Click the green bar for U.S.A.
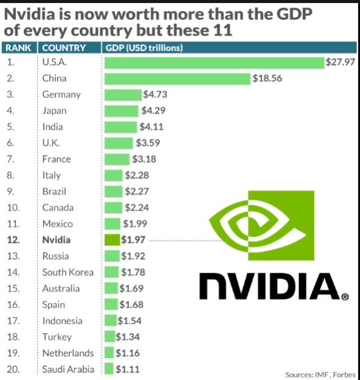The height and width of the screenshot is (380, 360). (214, 62)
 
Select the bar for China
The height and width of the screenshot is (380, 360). (178, 79)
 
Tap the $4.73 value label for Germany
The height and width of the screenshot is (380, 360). (155, 94)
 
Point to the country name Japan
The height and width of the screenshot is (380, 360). (54, 111)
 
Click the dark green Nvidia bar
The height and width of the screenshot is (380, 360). (112, 240)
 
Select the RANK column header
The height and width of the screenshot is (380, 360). (18, 47)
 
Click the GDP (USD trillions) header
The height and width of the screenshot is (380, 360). (144, 47)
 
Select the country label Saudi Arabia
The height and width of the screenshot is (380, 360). (68, 369)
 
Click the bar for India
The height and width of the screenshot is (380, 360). (122, 127)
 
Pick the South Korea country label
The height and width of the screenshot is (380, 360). (68, 272)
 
